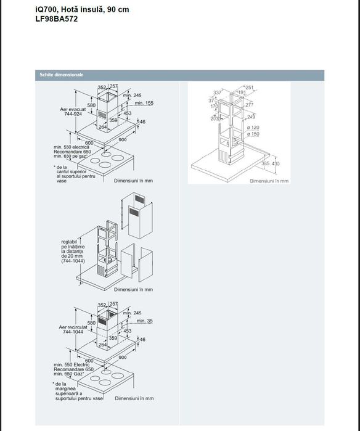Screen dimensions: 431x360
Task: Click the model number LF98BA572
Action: point(57,19)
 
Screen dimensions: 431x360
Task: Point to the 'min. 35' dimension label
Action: point(144,321)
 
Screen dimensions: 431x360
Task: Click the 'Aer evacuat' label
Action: point(72,109)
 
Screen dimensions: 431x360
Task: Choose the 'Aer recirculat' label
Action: point(73,326)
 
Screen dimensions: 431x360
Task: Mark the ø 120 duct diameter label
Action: point(253,127)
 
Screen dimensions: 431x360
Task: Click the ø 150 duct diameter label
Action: point(253,133)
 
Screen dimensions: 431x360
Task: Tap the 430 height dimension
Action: point(275,163)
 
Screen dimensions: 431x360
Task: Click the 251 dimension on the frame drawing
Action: point(249,88)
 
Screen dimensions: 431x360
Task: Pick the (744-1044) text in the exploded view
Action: point(73,261)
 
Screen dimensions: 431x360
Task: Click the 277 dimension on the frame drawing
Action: point(249,105)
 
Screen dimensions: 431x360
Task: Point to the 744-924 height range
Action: point(72,114)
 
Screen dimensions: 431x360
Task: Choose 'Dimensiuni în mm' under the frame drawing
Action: point(269,181)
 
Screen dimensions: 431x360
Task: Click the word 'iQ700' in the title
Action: point(47,10)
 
